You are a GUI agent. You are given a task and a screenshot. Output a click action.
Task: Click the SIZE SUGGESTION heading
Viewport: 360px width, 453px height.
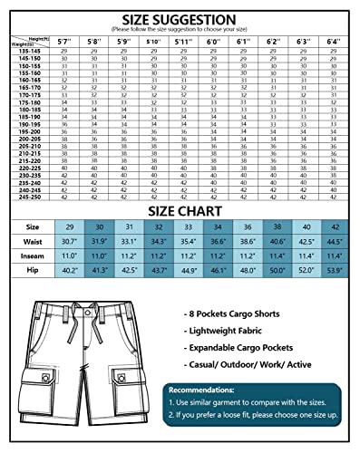click(x=180, y=17)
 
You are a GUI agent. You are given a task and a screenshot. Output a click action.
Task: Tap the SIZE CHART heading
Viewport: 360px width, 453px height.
click(x=180, y=210)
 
